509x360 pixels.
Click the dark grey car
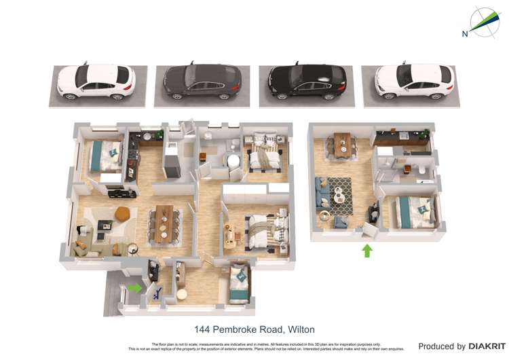point(202,82)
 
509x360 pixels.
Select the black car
point(307,82)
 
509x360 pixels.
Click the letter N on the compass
point(465,33)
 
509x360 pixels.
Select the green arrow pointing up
point(367,251)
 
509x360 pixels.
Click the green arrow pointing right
point(135,287)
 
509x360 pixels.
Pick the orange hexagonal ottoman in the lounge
point(122,213)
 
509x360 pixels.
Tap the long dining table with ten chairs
point(165,223)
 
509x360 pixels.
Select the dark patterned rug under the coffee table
point(344,193)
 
